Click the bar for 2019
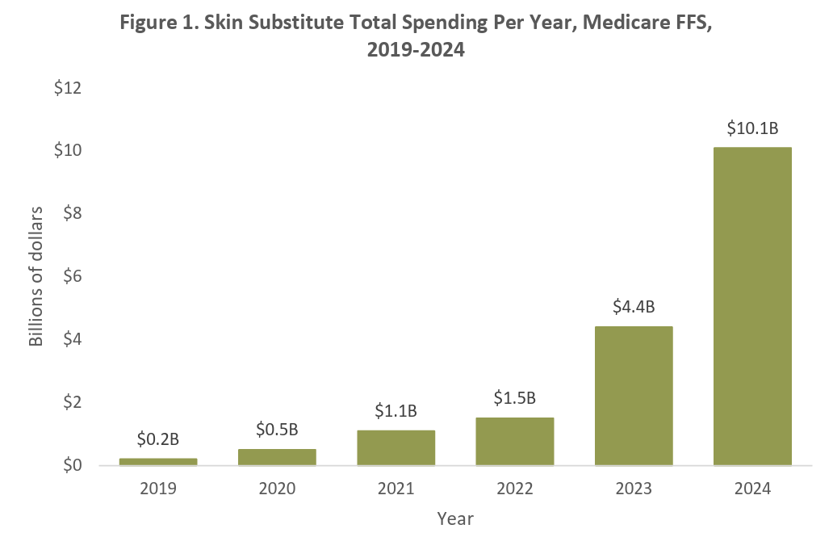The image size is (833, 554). click(x=158, y=461)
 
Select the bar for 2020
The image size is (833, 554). click(x=277, y=457)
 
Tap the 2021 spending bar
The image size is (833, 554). click(x=396, y=447)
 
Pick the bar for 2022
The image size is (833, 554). click(x=515, y=441)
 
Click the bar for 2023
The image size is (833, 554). click(x=634, y=396)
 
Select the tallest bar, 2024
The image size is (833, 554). click(x=752, y=306)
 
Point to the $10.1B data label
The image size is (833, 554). click(x=752, y=128)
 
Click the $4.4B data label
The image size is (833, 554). click(x=634, y=307)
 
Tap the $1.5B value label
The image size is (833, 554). click(x=515, y=398)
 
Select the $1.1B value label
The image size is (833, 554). click(x=396, y=411)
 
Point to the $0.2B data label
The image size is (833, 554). click(x=158, y=439)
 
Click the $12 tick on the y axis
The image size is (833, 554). click(x=69, y=88)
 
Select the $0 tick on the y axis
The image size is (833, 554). click(x=73, y=465)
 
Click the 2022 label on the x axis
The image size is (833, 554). click(x=515, y=489)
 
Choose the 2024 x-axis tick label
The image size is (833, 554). click(x=752, y=489)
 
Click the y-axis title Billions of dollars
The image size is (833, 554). click(x=36, y=276)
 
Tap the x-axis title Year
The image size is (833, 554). click(x=455, y=519)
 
